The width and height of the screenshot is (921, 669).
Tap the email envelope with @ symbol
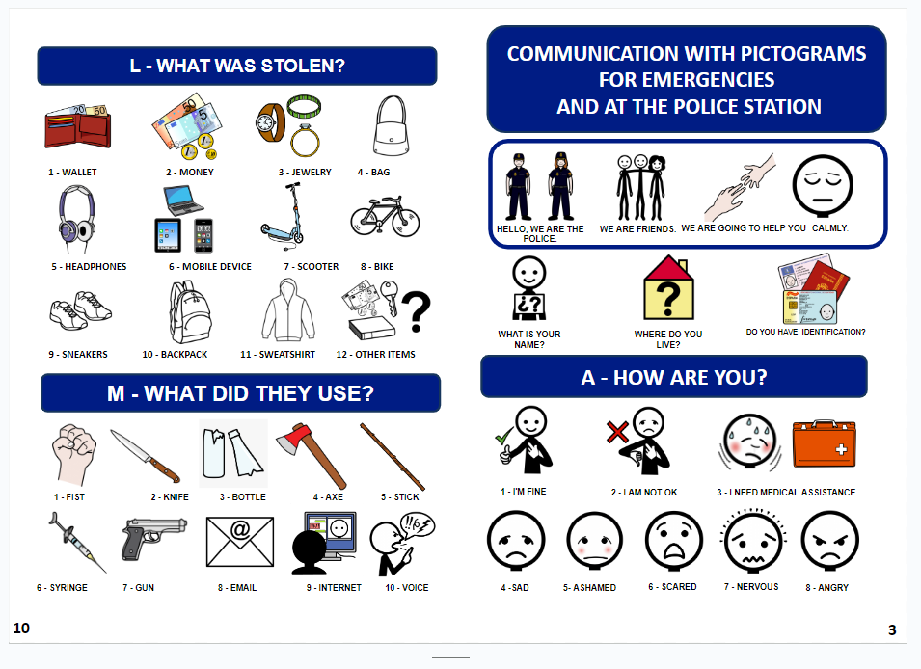(x=239, y=542)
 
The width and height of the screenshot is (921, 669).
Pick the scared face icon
(x=673, y=540)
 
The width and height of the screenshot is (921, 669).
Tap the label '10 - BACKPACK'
(x=176, y=355)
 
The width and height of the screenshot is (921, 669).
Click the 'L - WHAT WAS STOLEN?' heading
(x=236, y=67)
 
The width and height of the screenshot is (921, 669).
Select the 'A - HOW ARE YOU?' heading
(x=673, y=377)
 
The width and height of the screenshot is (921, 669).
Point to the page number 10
(x=21, y=629)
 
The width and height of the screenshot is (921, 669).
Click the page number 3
(x=891, y=630)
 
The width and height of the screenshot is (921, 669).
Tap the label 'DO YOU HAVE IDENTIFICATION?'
(x=805, y=333)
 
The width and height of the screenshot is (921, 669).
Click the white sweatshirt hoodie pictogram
(x=289, y=309)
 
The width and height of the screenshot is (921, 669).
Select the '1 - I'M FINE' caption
(x=525, y=492)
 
